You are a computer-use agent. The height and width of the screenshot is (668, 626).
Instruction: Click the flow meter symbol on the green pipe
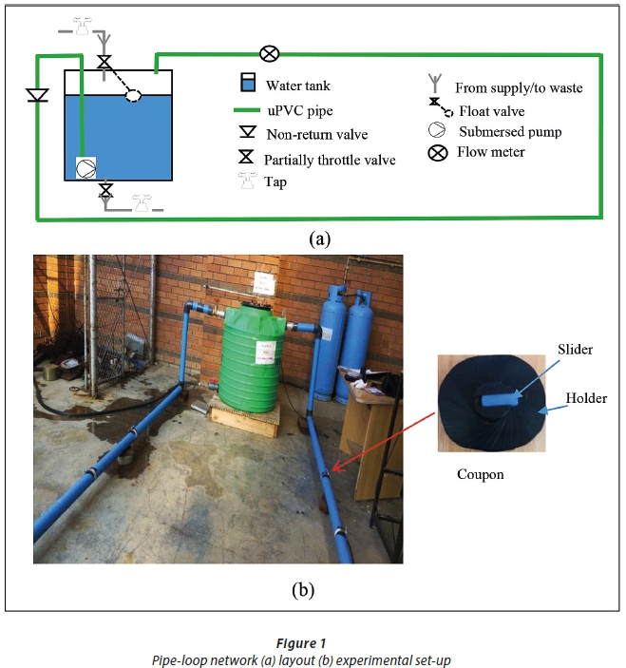tap(269, 53)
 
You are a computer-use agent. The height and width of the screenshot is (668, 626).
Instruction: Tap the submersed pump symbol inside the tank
tap(85, 168)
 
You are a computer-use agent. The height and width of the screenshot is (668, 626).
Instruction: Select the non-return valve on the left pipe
tap(37, 96)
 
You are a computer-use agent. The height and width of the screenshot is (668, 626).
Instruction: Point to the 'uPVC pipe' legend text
tap(299, 111)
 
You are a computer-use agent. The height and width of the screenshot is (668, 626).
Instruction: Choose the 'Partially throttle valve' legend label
tap(330, 160)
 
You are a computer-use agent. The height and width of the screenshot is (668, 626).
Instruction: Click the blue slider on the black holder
tap(497, 400)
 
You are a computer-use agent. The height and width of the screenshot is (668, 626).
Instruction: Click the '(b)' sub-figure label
tap(302, 589)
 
